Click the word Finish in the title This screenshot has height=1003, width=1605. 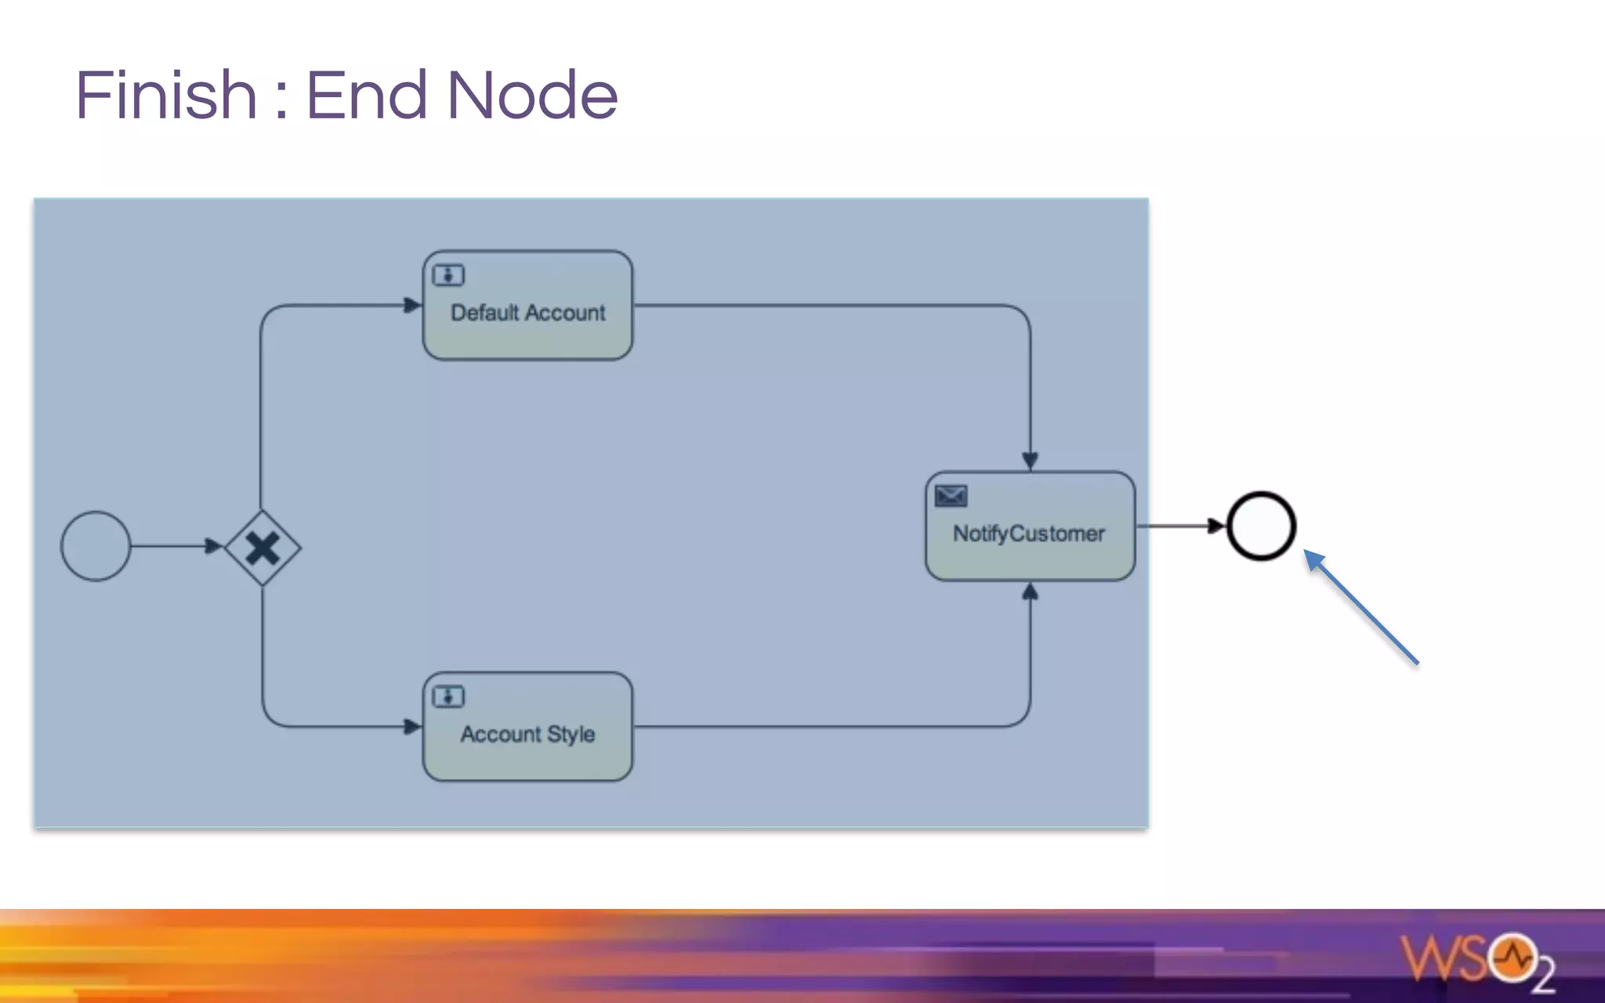coord(166,96)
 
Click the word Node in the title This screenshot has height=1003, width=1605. coord(532,96)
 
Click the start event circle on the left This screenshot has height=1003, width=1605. coord(96,546)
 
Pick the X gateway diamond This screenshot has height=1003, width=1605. coord(263,548)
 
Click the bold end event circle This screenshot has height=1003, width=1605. coord(1261,526)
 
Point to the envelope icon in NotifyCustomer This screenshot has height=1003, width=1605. coord(951,496)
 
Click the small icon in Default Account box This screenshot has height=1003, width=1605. coord(448,275)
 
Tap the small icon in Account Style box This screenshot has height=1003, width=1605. coord(448,697)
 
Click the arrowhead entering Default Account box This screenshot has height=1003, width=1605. coord(412,305)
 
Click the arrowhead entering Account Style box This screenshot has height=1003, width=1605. coord(412,726)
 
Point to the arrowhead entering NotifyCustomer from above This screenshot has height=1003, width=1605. coord(1030,460)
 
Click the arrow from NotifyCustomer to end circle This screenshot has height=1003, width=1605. coord(1179,526)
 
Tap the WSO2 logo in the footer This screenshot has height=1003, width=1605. coord(1477,960)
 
